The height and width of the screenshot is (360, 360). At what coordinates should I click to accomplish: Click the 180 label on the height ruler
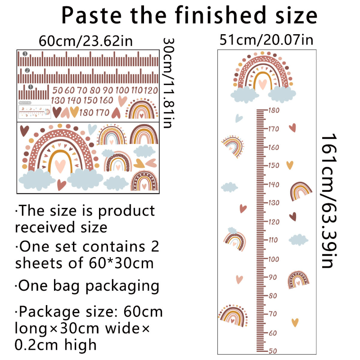[x=274, y=110]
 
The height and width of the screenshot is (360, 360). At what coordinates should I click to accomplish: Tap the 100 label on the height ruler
[x=274, y=259]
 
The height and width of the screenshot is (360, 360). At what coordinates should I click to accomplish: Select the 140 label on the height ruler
[x=274, y=184]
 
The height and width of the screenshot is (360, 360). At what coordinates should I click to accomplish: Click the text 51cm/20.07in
[x=266, y=40]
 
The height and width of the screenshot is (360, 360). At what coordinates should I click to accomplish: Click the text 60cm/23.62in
[x=85, y=41]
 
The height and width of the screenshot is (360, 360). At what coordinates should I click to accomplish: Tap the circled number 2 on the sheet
[x=27, y=71]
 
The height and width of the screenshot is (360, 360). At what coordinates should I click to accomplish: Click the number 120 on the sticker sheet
[x=151, y=90]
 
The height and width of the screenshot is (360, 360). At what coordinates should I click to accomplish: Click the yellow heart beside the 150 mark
[x=289, y=165]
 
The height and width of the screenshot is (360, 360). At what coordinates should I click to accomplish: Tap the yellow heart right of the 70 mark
[x=295, y=322]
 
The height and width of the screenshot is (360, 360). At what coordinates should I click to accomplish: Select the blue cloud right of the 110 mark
[x=299, y=239]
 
